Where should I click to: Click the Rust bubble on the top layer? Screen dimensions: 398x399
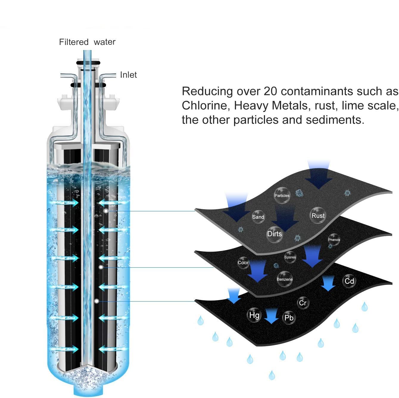(318, 216)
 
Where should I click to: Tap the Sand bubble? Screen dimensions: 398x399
(258, 217)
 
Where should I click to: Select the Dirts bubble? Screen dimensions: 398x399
(274, 234)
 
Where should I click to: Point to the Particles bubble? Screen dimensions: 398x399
(282, 196)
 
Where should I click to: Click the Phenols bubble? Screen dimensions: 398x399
(334, 240)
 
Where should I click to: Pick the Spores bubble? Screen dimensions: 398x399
(290, 257)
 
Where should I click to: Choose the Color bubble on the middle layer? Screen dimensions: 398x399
(243, 263)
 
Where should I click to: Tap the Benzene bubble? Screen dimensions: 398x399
(285, 279)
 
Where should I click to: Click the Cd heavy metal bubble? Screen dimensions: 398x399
(349, 281)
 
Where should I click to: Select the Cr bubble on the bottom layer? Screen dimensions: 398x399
(303, 303)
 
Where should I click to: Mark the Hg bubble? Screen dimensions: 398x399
(254, 315)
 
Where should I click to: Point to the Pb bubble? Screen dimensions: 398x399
(289, 318)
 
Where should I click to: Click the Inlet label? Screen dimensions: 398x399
(128, 75)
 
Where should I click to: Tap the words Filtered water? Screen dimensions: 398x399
(87, 42)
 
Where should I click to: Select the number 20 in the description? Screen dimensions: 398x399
(270, 91)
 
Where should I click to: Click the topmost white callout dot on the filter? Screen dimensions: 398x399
(106, 211)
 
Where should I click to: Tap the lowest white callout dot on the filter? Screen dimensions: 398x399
(96, 301)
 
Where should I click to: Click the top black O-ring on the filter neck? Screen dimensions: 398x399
(88, 63)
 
